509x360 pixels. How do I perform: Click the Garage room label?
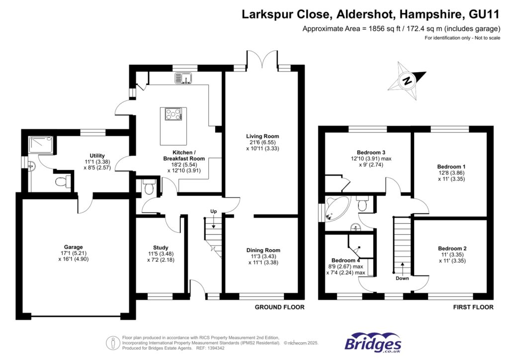(73, 247)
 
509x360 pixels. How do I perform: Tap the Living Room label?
(262, 136)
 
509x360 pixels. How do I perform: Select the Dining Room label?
(263, 251)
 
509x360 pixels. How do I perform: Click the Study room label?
(161, 248)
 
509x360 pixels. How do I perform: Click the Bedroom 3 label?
(371, 152)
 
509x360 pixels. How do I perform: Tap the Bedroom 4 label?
(345, 260)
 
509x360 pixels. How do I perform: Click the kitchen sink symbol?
(182, 78)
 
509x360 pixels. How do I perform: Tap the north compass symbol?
(407, 80)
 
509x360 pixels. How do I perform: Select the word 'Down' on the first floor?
(402, 278)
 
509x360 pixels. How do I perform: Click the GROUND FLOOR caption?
(279, 307)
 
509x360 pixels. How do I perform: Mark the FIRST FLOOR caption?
(473, 307)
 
